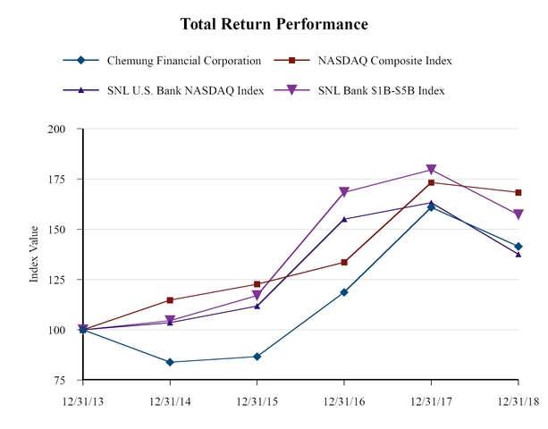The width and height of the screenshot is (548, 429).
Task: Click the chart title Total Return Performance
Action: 274,23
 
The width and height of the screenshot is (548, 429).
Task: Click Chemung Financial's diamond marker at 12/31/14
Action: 170,362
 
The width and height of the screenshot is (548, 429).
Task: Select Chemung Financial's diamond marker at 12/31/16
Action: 344,292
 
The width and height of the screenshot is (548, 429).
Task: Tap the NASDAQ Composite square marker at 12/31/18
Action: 518,192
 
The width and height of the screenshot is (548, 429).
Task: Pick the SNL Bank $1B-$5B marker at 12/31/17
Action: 431,170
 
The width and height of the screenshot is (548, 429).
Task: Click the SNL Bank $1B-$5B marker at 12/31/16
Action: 344,192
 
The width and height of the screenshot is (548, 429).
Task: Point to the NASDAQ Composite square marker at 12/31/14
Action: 170,300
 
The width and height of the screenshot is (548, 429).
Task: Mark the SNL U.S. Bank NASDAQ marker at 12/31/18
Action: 518,254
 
